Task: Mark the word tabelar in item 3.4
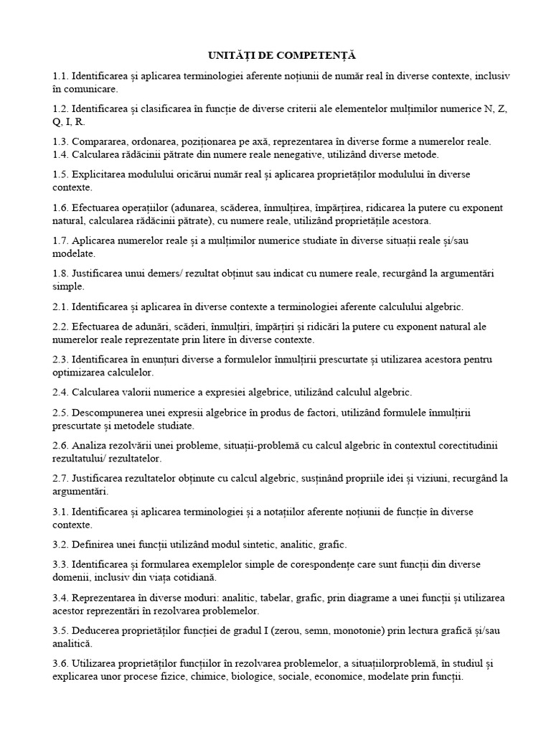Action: [309, 597]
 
